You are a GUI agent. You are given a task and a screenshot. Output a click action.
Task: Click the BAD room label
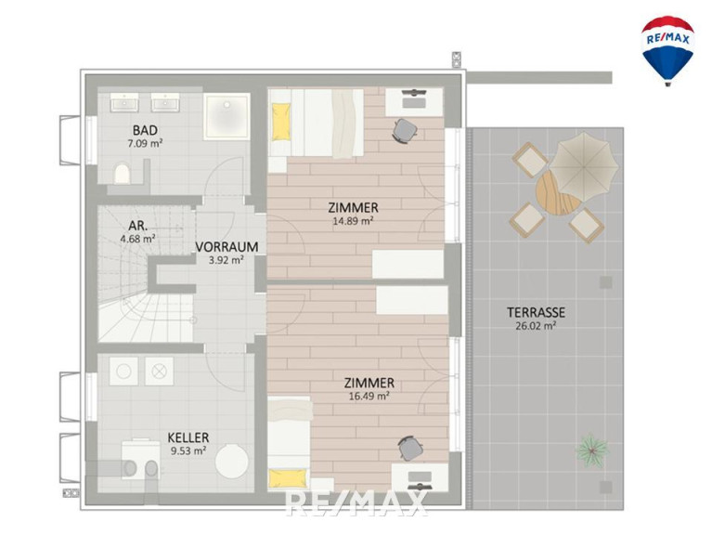tap(145, 130)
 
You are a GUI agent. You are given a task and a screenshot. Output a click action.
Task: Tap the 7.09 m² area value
tap(146, 144)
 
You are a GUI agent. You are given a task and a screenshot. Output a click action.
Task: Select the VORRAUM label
tap(227, 247)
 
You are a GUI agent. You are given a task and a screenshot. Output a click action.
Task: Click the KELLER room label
tap(188, 437)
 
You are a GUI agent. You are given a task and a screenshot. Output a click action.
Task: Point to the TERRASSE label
tap(536, 312)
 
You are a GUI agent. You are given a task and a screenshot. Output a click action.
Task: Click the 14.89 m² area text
tap(353, 221)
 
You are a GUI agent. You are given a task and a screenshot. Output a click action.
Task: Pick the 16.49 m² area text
tap(369, 396)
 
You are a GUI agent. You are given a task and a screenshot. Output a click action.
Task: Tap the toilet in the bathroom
tap(122, 174)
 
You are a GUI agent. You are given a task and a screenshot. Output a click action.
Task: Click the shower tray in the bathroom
tap(227, 116)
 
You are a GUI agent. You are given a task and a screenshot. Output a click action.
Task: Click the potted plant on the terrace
tap(591, 450)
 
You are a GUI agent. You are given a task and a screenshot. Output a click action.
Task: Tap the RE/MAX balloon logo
tap(667, 50)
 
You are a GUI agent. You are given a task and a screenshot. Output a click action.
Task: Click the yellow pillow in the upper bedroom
tap(281, 122)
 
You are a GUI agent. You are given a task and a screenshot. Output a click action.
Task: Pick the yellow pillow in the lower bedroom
tap(288, 478)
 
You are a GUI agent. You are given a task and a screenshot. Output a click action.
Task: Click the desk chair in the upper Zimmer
tap(405, 131)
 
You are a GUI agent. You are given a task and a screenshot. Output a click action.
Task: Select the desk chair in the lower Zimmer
tap(410, 448)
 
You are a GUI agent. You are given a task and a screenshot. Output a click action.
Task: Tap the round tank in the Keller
tap(231, 461)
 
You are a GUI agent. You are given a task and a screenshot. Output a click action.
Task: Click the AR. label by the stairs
tap(138, 226)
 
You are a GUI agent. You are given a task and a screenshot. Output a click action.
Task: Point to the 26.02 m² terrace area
tap(536, 326)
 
